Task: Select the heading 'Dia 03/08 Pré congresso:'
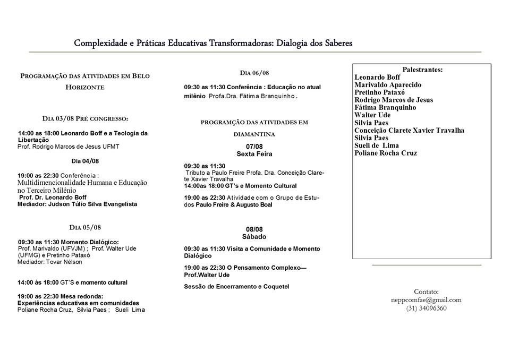tap(86, 118)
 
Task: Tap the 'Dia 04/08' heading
tap(85, 160)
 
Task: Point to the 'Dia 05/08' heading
tap(85, 227)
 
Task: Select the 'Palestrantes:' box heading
tap(422, 70)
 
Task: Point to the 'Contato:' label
tap(426, 292)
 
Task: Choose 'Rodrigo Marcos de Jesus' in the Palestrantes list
tap(394, 100)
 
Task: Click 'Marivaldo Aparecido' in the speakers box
tap(388, 85)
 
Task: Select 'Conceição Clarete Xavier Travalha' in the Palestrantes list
tap(409, 131)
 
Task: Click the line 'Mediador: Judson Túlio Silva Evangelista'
tap(77, 204)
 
